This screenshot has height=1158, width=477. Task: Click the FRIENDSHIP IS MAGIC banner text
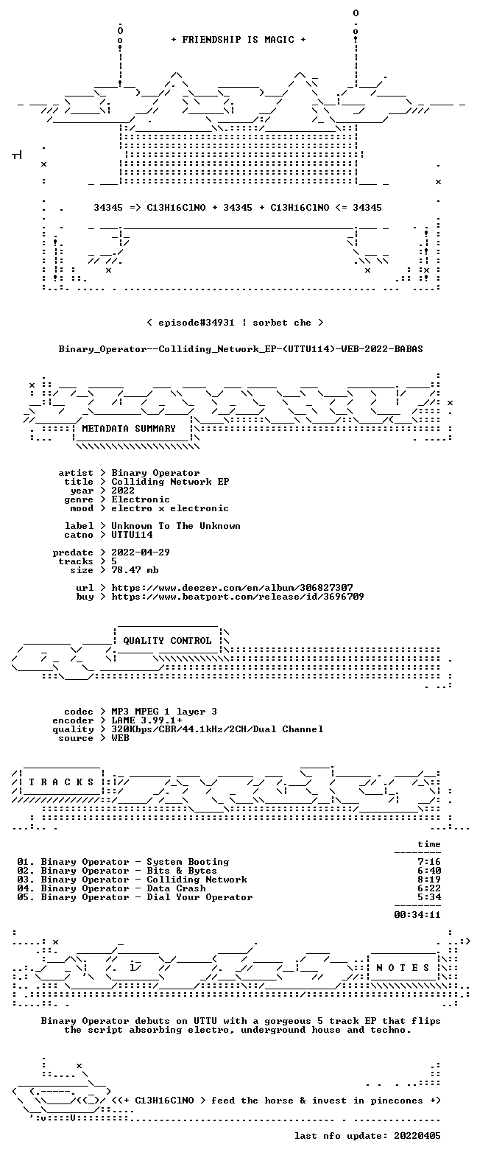239,40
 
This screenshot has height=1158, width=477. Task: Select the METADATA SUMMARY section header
129,429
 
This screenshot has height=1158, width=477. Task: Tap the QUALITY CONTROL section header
167,641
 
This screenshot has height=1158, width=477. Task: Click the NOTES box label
403,968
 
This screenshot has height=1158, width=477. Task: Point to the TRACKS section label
62,782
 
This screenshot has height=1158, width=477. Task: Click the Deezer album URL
232,588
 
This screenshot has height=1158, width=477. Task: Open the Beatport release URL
238,597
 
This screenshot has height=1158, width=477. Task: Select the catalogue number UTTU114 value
132,535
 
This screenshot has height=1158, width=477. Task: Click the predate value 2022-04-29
141,552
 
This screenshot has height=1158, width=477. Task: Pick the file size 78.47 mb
135,570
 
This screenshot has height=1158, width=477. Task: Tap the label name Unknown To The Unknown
176,526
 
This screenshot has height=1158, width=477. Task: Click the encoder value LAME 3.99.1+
146,720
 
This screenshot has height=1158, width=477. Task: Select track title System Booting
188,863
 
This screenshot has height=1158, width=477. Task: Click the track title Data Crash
176,888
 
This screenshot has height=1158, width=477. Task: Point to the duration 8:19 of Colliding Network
429,880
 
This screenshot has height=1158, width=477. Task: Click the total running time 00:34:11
417,915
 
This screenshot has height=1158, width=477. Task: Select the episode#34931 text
197,323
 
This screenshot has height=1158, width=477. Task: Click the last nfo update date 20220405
417,1137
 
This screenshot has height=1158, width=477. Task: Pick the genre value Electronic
141,500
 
